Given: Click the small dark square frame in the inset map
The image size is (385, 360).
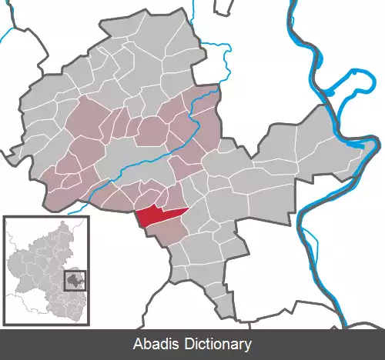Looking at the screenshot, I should (75, 280).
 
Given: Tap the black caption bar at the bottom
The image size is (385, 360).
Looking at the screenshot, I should (77, 345).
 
